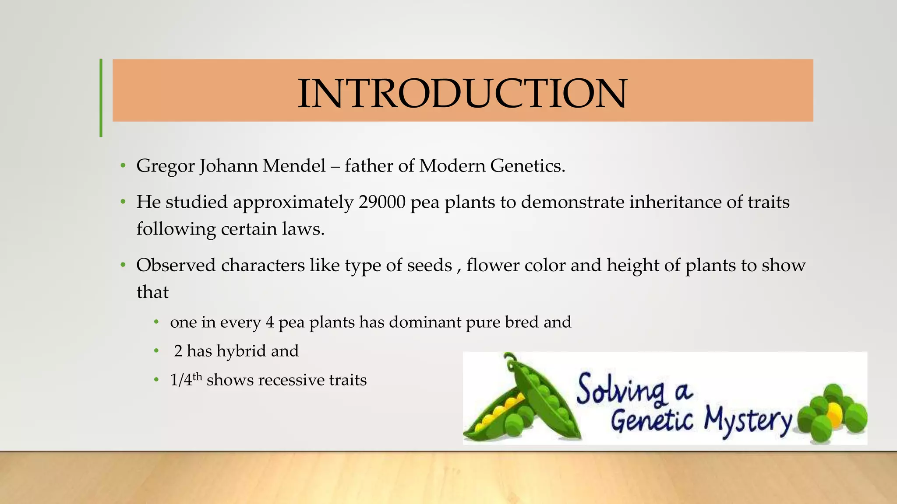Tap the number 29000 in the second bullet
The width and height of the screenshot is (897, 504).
pos(382,202)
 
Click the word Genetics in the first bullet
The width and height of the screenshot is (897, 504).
pos(527,166)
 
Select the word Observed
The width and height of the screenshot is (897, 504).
pos(177,265)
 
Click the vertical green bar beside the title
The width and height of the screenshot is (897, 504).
pos(101,98)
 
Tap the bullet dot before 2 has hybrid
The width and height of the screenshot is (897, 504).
pos(156,351)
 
